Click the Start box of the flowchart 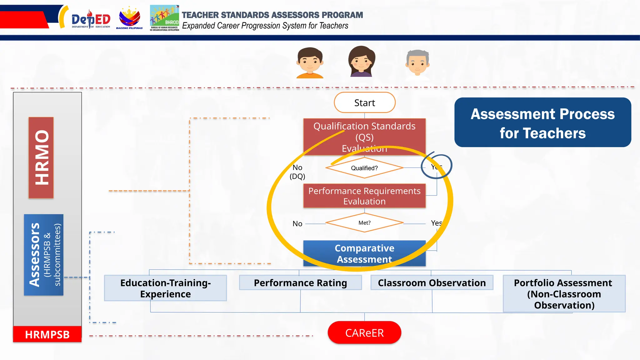364,102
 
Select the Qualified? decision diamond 364,168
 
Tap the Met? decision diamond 364,223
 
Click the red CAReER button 364,333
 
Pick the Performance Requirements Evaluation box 364,196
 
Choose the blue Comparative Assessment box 364,253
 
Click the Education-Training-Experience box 165,288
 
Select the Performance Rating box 300,283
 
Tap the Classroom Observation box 432,283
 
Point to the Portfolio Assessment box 564,294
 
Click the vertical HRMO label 41,157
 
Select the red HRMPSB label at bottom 47,334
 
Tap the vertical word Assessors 34,255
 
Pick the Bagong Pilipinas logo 129,18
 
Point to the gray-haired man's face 417,62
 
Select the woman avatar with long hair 362,61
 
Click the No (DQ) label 297,172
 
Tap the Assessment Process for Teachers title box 542,122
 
